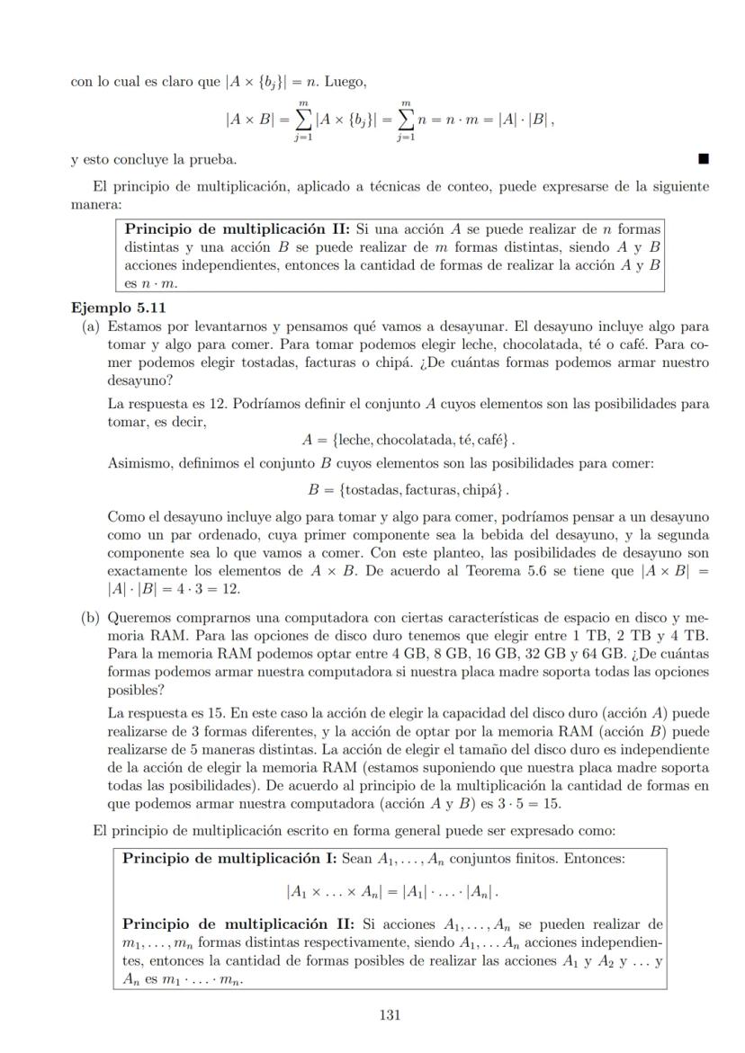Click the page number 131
[x=389, y=1015]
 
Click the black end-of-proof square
[x=704, y=160]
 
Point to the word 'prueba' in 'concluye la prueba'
[x=214, y=161]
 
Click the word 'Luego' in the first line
[x=347, y=82]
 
